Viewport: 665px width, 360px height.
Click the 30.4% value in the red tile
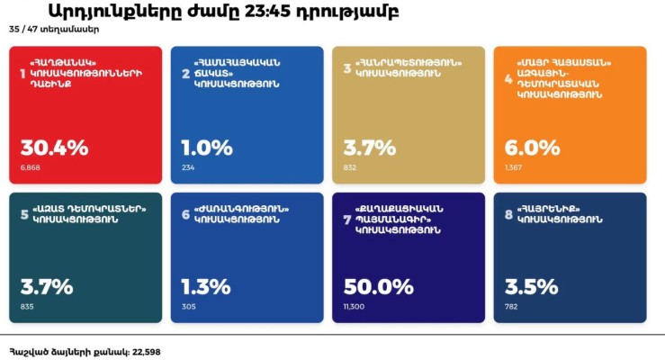[54, 148]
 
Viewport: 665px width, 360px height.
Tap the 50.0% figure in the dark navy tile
[377, 287]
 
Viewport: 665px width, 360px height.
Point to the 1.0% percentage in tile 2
[207, 148]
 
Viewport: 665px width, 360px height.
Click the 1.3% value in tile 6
[207, 287]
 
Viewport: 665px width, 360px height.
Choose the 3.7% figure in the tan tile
[369, 148]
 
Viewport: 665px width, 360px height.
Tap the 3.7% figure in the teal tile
[46, 287]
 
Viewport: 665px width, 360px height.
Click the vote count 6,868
[30, 167]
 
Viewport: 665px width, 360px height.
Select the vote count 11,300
[355, 307]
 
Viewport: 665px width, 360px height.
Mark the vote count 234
[188, 167]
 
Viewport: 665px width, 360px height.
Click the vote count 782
[512, 307]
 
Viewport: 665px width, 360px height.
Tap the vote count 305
[189, 307]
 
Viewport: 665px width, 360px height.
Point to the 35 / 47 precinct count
[20, 30]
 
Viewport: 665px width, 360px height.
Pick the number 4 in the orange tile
[508, 79]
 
